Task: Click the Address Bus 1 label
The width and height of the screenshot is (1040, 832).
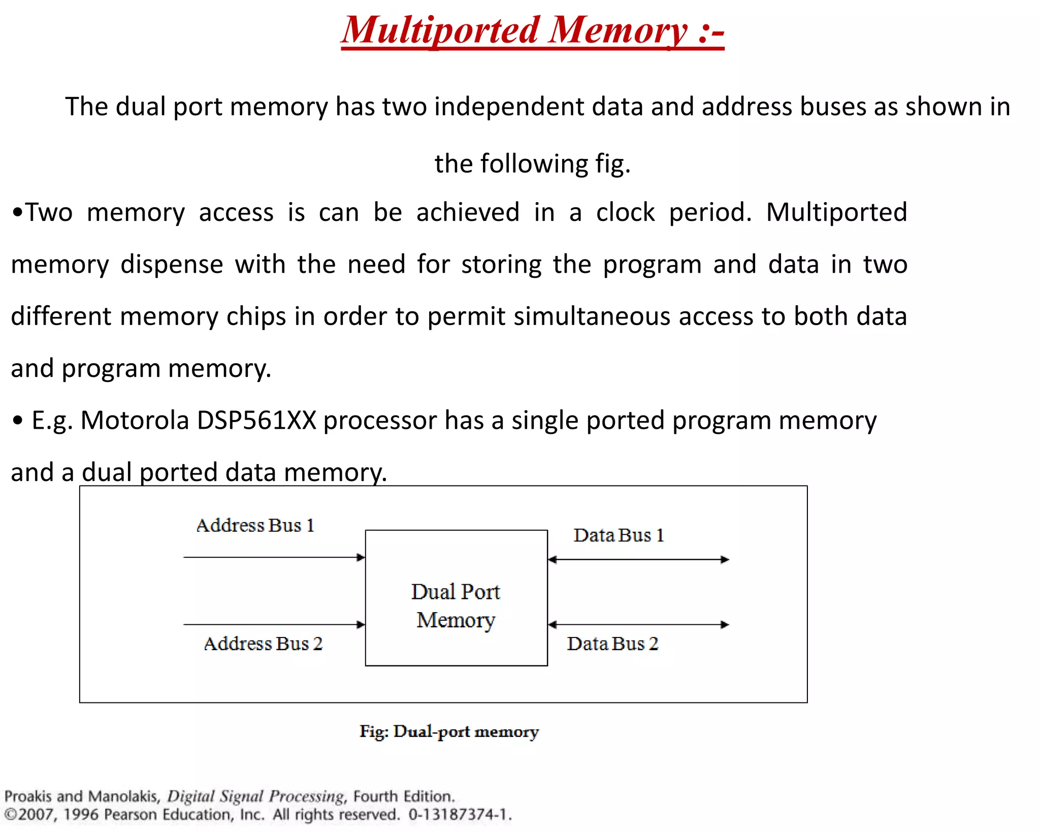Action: click(x=255, y=525)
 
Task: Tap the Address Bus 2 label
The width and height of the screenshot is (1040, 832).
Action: click(x=263, y=644)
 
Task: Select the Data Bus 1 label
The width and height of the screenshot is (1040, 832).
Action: click(x=619, y=535)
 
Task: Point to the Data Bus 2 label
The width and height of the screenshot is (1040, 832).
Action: click(x=612, y=644)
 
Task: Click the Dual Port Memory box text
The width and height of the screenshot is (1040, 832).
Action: click(x=456, y=605)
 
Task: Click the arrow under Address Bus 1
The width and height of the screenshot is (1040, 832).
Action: click(x=274, y=557)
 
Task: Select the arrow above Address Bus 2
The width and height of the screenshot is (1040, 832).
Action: click(x=274, y=624)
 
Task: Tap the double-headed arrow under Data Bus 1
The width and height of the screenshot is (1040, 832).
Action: click(x=638, y=559)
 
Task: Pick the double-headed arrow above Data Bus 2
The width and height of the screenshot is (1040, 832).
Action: click(x=638, y=624)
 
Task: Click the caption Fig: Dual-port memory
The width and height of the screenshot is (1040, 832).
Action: click(x=449, y=731)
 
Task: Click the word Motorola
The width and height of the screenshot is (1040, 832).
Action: click(x=135, y=421)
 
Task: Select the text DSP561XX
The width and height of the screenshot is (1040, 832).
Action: click(x=256, y=421)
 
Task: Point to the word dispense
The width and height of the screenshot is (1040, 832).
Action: click(x=172, y=265)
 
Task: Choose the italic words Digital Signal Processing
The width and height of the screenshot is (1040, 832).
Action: click(x=256, y=796)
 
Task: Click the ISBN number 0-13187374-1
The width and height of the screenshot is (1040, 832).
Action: click(x=459, y=815)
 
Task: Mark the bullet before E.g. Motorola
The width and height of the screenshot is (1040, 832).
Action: click(x=18, y=421)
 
